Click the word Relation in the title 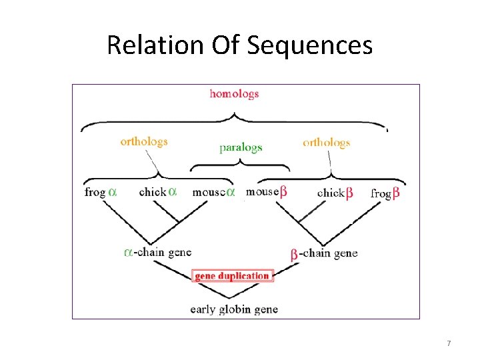click(147, 45)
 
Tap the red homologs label click(234, 94)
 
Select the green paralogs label click(241, 147)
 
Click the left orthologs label click(144, 141)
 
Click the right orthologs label click(326, 142)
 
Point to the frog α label click(101, 192)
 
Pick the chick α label click(158, 192)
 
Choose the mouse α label click(213, 192)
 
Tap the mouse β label click(266, 191)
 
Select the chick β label click(335, 193)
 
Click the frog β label click(385, 193)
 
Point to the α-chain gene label click(158, 252)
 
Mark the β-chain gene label click(324, 253)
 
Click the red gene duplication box click(233, 276)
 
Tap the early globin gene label click(234, 309)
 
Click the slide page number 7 click(449, 343)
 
